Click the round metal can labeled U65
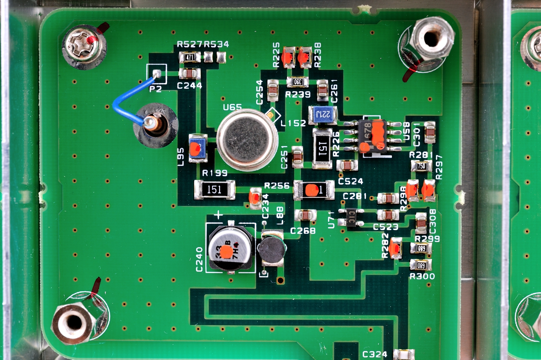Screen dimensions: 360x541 point(247,139)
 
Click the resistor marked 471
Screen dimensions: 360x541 point(190,57)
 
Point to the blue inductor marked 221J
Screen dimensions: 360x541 point(323,114)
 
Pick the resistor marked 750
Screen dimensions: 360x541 point(421,166)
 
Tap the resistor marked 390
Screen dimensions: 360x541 point(298,82)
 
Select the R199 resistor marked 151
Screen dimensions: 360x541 point(214,189)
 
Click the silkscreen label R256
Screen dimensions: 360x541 point(277,185)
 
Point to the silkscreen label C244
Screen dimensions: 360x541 point(189,86)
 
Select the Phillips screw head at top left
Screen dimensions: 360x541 point(83,45)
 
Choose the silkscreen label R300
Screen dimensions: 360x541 point(422,276)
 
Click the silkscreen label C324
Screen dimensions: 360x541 point(375,354)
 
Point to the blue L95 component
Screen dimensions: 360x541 point(197,148)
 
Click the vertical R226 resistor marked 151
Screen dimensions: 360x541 point(322,148)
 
